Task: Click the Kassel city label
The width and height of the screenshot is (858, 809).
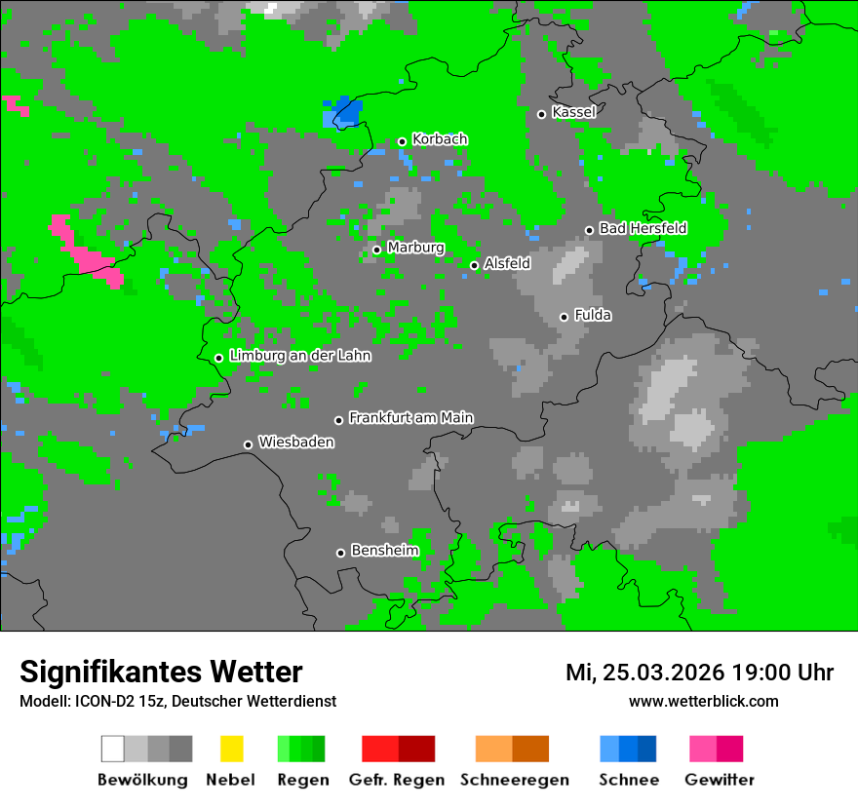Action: click(573, 112)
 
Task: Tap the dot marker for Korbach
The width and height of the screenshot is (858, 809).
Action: click(402, 141)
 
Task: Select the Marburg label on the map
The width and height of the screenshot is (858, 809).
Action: click(415, 248)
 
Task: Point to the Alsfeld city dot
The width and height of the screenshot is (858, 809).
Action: click(475, 265)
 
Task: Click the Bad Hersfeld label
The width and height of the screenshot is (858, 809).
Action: click(643, 229)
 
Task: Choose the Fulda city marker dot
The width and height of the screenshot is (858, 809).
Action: click(564, 317)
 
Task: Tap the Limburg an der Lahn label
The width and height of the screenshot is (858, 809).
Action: click(300, 356)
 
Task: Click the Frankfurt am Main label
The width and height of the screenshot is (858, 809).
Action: click(410, 418)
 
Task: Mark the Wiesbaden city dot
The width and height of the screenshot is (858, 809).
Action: click(249, 444)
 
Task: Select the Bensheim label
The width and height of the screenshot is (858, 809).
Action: click(384, 551)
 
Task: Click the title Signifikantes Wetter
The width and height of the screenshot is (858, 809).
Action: click(161, 673)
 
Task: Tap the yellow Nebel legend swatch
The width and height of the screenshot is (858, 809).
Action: click(231, 749)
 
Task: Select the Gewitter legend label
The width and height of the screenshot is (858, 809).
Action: click(720, 780)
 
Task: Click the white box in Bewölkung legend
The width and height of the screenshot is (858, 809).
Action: click(113, 749)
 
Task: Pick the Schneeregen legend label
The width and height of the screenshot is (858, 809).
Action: click(513, 780)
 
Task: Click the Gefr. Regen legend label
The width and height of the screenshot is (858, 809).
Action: click(397, 780)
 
